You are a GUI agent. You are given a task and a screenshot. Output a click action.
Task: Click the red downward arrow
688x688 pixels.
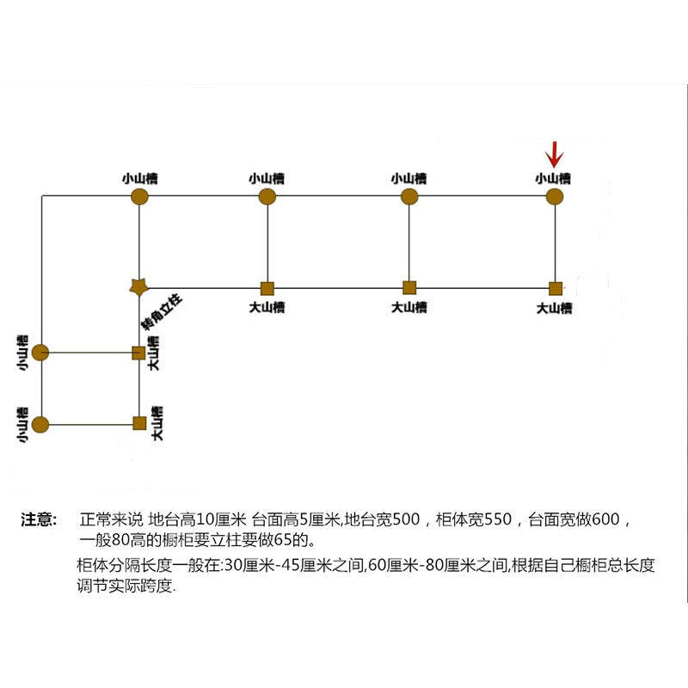[555, 155]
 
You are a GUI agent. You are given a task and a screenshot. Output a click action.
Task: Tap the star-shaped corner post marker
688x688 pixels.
[138, 287]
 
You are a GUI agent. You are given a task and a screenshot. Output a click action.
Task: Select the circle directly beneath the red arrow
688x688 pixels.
[555, 197]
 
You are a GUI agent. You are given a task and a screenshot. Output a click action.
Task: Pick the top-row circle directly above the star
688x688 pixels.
[139, 197]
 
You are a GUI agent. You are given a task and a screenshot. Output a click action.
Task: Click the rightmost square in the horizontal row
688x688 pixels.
[556, 287]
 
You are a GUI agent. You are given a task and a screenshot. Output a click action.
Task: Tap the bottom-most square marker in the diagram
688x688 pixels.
[138, 422]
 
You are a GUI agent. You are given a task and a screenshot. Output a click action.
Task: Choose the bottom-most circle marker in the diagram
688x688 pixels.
[41, 424]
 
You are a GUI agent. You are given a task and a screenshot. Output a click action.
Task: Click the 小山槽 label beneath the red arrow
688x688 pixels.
[552, 179]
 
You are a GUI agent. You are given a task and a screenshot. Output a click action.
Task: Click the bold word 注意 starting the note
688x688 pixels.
[39, 520]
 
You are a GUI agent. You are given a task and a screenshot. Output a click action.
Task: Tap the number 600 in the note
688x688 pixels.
[607, 520]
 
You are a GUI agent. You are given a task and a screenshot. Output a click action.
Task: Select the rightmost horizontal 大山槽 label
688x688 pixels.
[554, 307]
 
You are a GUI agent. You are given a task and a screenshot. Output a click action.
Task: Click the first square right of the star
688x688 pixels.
[267, 287]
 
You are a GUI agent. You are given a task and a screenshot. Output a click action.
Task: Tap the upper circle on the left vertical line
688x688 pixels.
[41, 353]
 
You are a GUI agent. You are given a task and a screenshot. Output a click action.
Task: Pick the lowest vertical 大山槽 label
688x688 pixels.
[157, 423]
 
